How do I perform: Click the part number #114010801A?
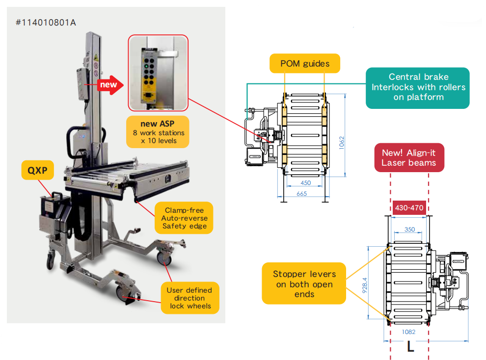coord(46,23)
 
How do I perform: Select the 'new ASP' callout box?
coord(158,132)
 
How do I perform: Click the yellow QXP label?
coord(37,170)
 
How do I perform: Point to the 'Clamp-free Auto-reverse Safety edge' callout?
coord(184,218)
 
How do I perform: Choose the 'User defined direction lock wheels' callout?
coord(190,298)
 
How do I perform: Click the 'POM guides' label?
coord(305,63)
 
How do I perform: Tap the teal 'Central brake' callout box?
coord(418,88)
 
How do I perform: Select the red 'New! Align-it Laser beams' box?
coord(409,157)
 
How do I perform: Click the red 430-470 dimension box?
coord(409,207)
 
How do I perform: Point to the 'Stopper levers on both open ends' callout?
coord(304,283)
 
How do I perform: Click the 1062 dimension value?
coord(342,143)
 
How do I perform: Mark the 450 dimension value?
coord(306,182)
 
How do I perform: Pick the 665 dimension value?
coord(301,193)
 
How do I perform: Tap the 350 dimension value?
coord(409,229)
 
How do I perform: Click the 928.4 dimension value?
coord(365,285)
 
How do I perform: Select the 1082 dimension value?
coord(408,332)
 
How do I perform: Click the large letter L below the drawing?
coord(411,346)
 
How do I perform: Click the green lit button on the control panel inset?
coord(146,66)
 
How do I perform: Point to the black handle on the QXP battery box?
coord(57,195)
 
